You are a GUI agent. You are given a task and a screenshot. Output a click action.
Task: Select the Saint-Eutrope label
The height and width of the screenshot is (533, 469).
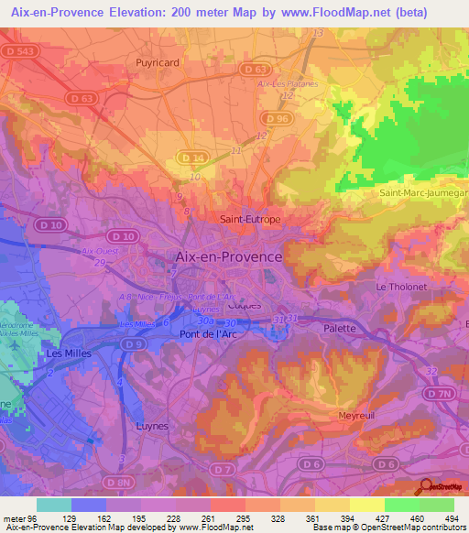[250, 220]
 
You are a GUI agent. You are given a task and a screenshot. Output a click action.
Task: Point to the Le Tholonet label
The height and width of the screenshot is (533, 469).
[401, 287]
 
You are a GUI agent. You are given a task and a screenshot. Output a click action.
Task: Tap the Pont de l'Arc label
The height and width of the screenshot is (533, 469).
[204, 335]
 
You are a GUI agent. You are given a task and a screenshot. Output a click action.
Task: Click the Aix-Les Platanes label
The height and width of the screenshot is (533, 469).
[288, 83]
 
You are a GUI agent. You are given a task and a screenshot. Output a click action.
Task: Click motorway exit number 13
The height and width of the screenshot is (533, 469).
[319, 34]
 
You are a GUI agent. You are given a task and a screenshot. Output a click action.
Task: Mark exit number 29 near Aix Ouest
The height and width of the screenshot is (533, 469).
[100, 263]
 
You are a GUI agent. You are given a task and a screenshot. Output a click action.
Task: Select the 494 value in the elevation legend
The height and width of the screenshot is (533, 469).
[451, 518]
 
